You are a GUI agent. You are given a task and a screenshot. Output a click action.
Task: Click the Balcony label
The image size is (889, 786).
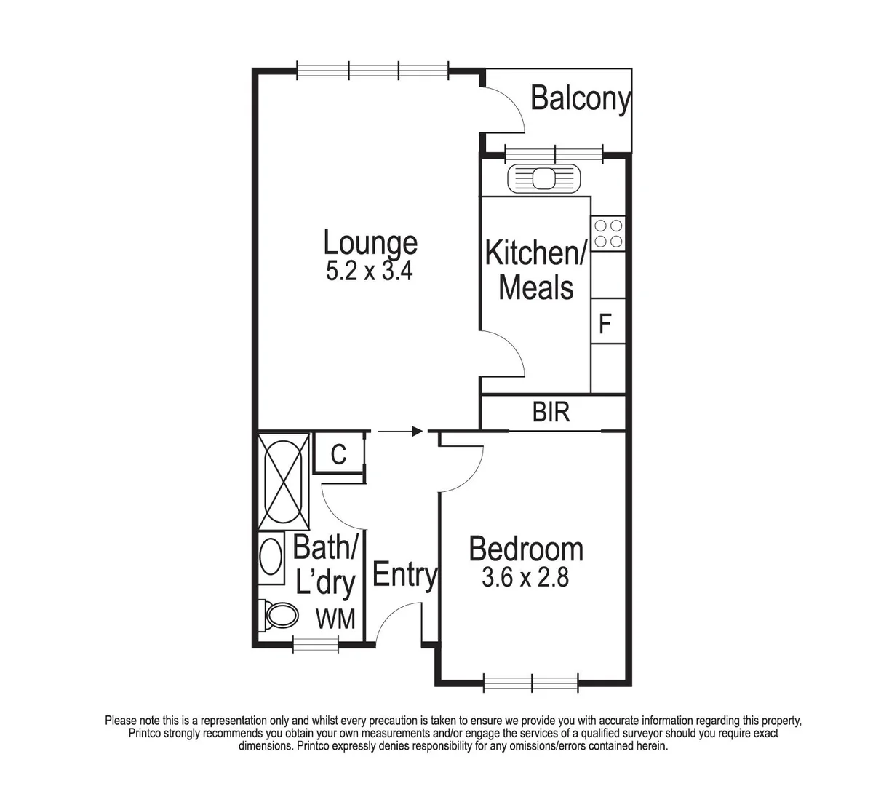point(580,98)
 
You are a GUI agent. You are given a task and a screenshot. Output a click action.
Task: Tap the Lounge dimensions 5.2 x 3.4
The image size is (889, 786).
point(370,271)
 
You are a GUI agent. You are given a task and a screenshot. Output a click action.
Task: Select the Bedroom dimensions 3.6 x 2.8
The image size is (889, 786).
point(525,577)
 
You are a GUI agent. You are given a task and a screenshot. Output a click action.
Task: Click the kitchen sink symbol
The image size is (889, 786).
point(544,178)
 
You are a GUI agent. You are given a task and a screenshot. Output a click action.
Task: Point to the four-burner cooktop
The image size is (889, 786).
point(608,233)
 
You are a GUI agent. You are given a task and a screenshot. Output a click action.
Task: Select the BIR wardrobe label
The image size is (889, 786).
point(551,413)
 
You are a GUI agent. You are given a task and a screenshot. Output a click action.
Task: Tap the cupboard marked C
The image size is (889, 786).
point(338,454)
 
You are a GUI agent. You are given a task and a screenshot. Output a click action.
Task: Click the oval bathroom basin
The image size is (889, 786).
point(272,557)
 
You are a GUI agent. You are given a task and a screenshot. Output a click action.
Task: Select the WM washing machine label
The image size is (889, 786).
point(335,619)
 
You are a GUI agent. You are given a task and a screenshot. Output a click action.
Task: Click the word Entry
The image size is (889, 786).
point(404,575)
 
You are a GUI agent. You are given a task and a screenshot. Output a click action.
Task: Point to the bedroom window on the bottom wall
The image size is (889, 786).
point(531,683)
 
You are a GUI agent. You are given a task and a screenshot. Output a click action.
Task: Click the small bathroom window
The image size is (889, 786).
point(316,643)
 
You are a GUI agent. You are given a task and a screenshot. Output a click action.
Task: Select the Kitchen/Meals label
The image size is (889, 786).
point(536,270)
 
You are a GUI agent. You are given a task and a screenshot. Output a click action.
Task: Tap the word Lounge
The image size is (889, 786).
point(370,242)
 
